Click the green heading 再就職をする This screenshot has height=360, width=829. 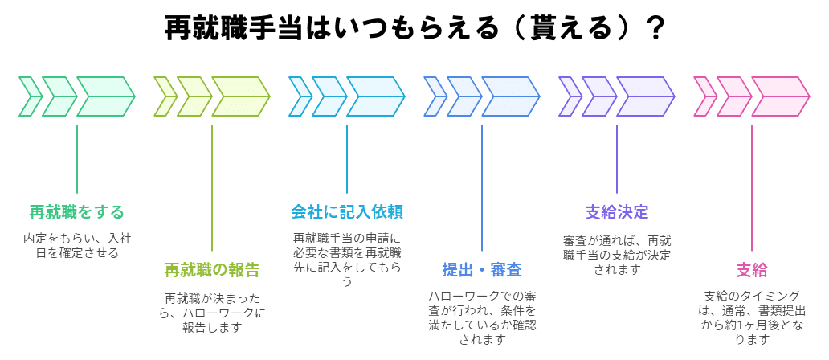click(x=77, y=212)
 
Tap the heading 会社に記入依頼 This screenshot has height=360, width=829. click(x=347, y=212)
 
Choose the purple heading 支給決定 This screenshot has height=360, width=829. click(x=617, y=212)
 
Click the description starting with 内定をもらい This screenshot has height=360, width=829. click(x=77, y=246)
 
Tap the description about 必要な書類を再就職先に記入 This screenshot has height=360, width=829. click(x=347, y=260)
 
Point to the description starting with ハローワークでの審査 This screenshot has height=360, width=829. click(x=482, y=317)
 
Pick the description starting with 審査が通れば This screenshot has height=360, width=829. click(x=617, y=254)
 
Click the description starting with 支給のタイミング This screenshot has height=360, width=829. click(x=752, y=317)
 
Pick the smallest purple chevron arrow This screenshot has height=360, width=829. click(x=569, y=96)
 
